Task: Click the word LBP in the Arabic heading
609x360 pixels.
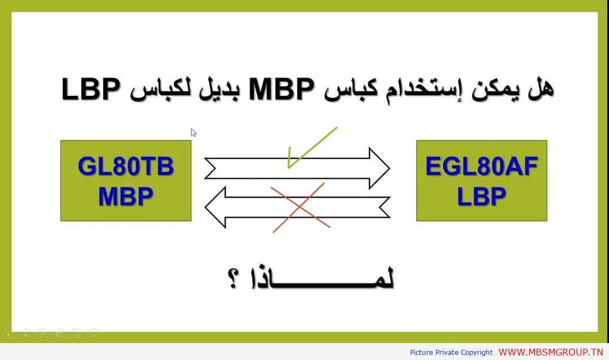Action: click(91, 89)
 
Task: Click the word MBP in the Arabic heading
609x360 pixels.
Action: click(281, 89)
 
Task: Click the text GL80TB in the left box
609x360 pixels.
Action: click(126, 166)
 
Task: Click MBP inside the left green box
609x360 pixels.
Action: click(126, 196)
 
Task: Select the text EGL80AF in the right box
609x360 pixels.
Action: click(482, 166)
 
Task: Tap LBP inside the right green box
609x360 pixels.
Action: click(482, 196)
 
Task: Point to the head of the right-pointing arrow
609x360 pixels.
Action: click(379, 168)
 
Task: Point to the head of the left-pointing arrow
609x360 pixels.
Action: click(215, 207)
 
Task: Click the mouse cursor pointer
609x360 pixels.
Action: click(193, 133)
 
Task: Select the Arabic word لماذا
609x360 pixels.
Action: click(323, 279)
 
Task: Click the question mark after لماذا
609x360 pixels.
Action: click(233, 279)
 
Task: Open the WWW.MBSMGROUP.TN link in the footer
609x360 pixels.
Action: click(551, 352)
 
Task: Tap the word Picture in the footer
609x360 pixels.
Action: click(421, 352)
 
